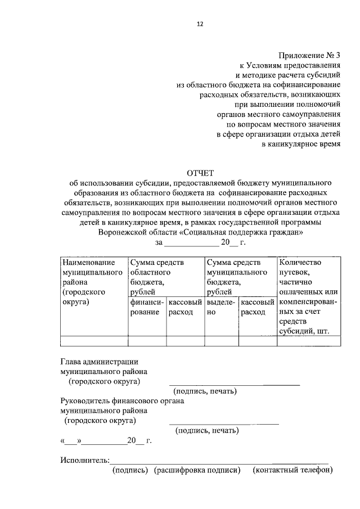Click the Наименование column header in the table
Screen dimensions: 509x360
pos(88,263)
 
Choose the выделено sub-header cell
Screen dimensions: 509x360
pos(220,307)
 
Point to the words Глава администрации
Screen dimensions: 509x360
pos(99,362)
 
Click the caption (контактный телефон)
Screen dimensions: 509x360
pos(292,470)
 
